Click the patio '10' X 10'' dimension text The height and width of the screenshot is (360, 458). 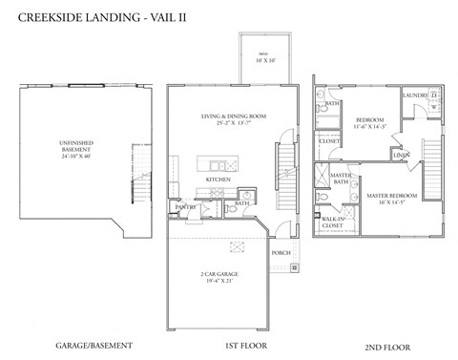pyautogui.click(x=264, y=60)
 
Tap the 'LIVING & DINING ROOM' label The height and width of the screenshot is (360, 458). pyautogui.click(x=233, y=116)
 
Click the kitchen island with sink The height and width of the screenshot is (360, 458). pyautogui.click(x=218, y=163)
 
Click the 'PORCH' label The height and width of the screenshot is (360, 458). pyautogui.click(x=281, y=253)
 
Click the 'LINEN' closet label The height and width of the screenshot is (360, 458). pyautogui.click(x=402, y=155)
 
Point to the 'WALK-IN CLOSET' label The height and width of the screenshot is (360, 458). pyautogui.click(x=333, y=222)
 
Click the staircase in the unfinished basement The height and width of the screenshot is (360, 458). pyautogui.click(x=140, y=192)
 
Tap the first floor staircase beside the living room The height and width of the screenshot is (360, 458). pyautogui.click(x=283, y=158)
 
